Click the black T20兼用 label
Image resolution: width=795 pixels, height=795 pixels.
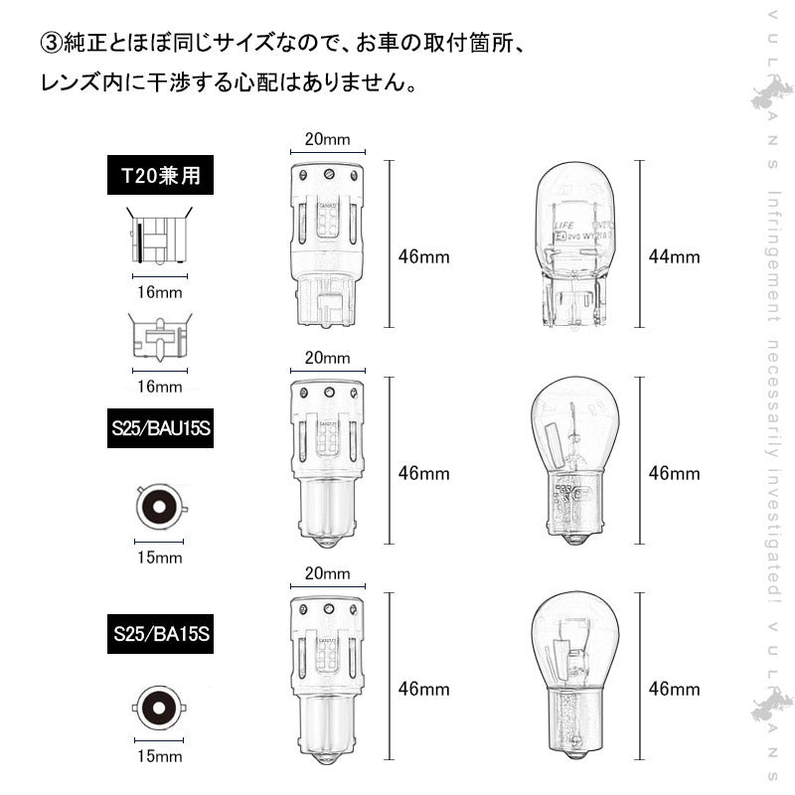click(x=160, y=176)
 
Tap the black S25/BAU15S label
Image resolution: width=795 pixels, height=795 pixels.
click(x=160, y=429)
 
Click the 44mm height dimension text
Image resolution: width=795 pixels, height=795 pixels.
click(x=674, y=257)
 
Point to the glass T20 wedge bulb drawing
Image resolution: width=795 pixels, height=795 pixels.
click(x=572, y=245)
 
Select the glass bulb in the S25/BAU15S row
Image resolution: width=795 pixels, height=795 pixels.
click(x=574, y=459)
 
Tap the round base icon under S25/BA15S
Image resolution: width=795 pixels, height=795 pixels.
click(x=159, y=709)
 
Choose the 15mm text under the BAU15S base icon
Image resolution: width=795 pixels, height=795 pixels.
click(x=159, y=558)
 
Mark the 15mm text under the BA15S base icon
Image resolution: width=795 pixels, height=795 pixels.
click(x=159, y=758)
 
